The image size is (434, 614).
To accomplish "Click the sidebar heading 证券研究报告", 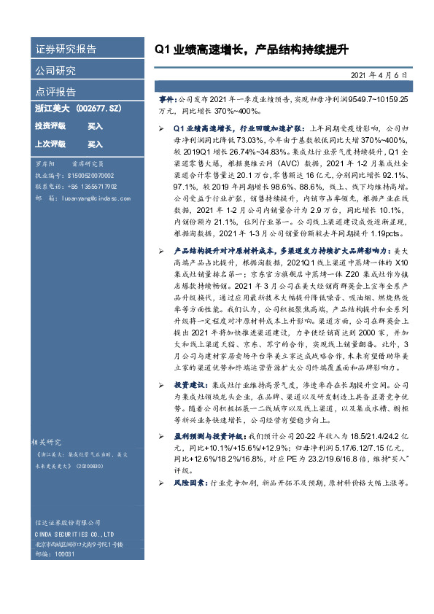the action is coord(66,50).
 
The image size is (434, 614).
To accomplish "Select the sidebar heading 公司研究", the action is coord(55,71).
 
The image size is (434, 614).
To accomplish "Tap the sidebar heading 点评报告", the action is coord(55,92).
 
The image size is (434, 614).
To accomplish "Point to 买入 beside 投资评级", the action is coord(95,126).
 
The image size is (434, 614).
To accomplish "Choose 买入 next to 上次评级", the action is coord(95,144).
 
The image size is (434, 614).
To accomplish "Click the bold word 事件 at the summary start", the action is coord(167,97).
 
